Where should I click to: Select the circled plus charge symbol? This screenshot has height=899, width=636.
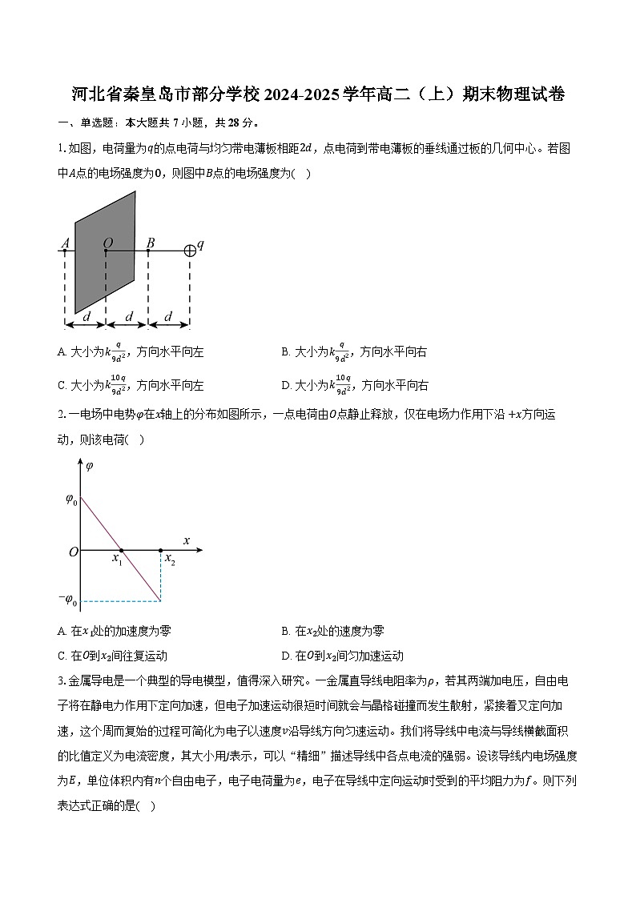click(x=190, y=251)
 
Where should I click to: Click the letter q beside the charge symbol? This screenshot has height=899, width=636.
click(x=200, y=244)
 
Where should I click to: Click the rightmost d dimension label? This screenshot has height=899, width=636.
click(x=168, y=317)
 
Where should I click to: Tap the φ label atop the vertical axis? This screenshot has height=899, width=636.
click(x=89, y=465)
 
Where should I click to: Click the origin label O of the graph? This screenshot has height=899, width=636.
click(x=73, y=552)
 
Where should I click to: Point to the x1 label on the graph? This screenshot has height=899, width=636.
click(x=117, y=560)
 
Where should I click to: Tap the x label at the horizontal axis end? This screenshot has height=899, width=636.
click(x=187, y=540)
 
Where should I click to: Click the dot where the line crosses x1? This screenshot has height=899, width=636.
click(x=121, y=550)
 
